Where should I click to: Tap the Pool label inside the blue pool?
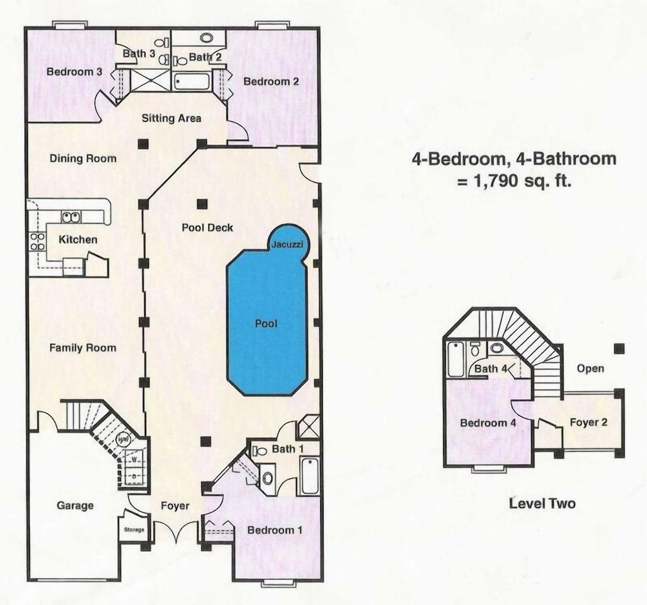tap(266, 323)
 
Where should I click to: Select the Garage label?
tap(75, 505)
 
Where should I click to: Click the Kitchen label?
tap(78, 239)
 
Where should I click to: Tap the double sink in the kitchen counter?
tap(71, 217)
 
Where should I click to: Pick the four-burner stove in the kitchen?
tap(37, 242)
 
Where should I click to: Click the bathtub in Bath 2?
tap(192, 82)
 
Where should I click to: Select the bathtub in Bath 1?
tap(309, 475)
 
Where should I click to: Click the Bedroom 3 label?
tap(74, 71)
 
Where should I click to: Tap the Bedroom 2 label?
tap(271, 82)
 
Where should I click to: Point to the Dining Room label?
tap(83, 159)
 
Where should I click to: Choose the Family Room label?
tap(83, 348)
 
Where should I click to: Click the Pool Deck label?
tap(208, 227)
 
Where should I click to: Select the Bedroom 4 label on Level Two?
tap(488, 423)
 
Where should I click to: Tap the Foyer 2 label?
tap(588, 422)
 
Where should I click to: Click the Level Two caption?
tap(542, 503)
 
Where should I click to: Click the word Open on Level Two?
tap(591, 369)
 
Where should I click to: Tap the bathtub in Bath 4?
tap(455, 360)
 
